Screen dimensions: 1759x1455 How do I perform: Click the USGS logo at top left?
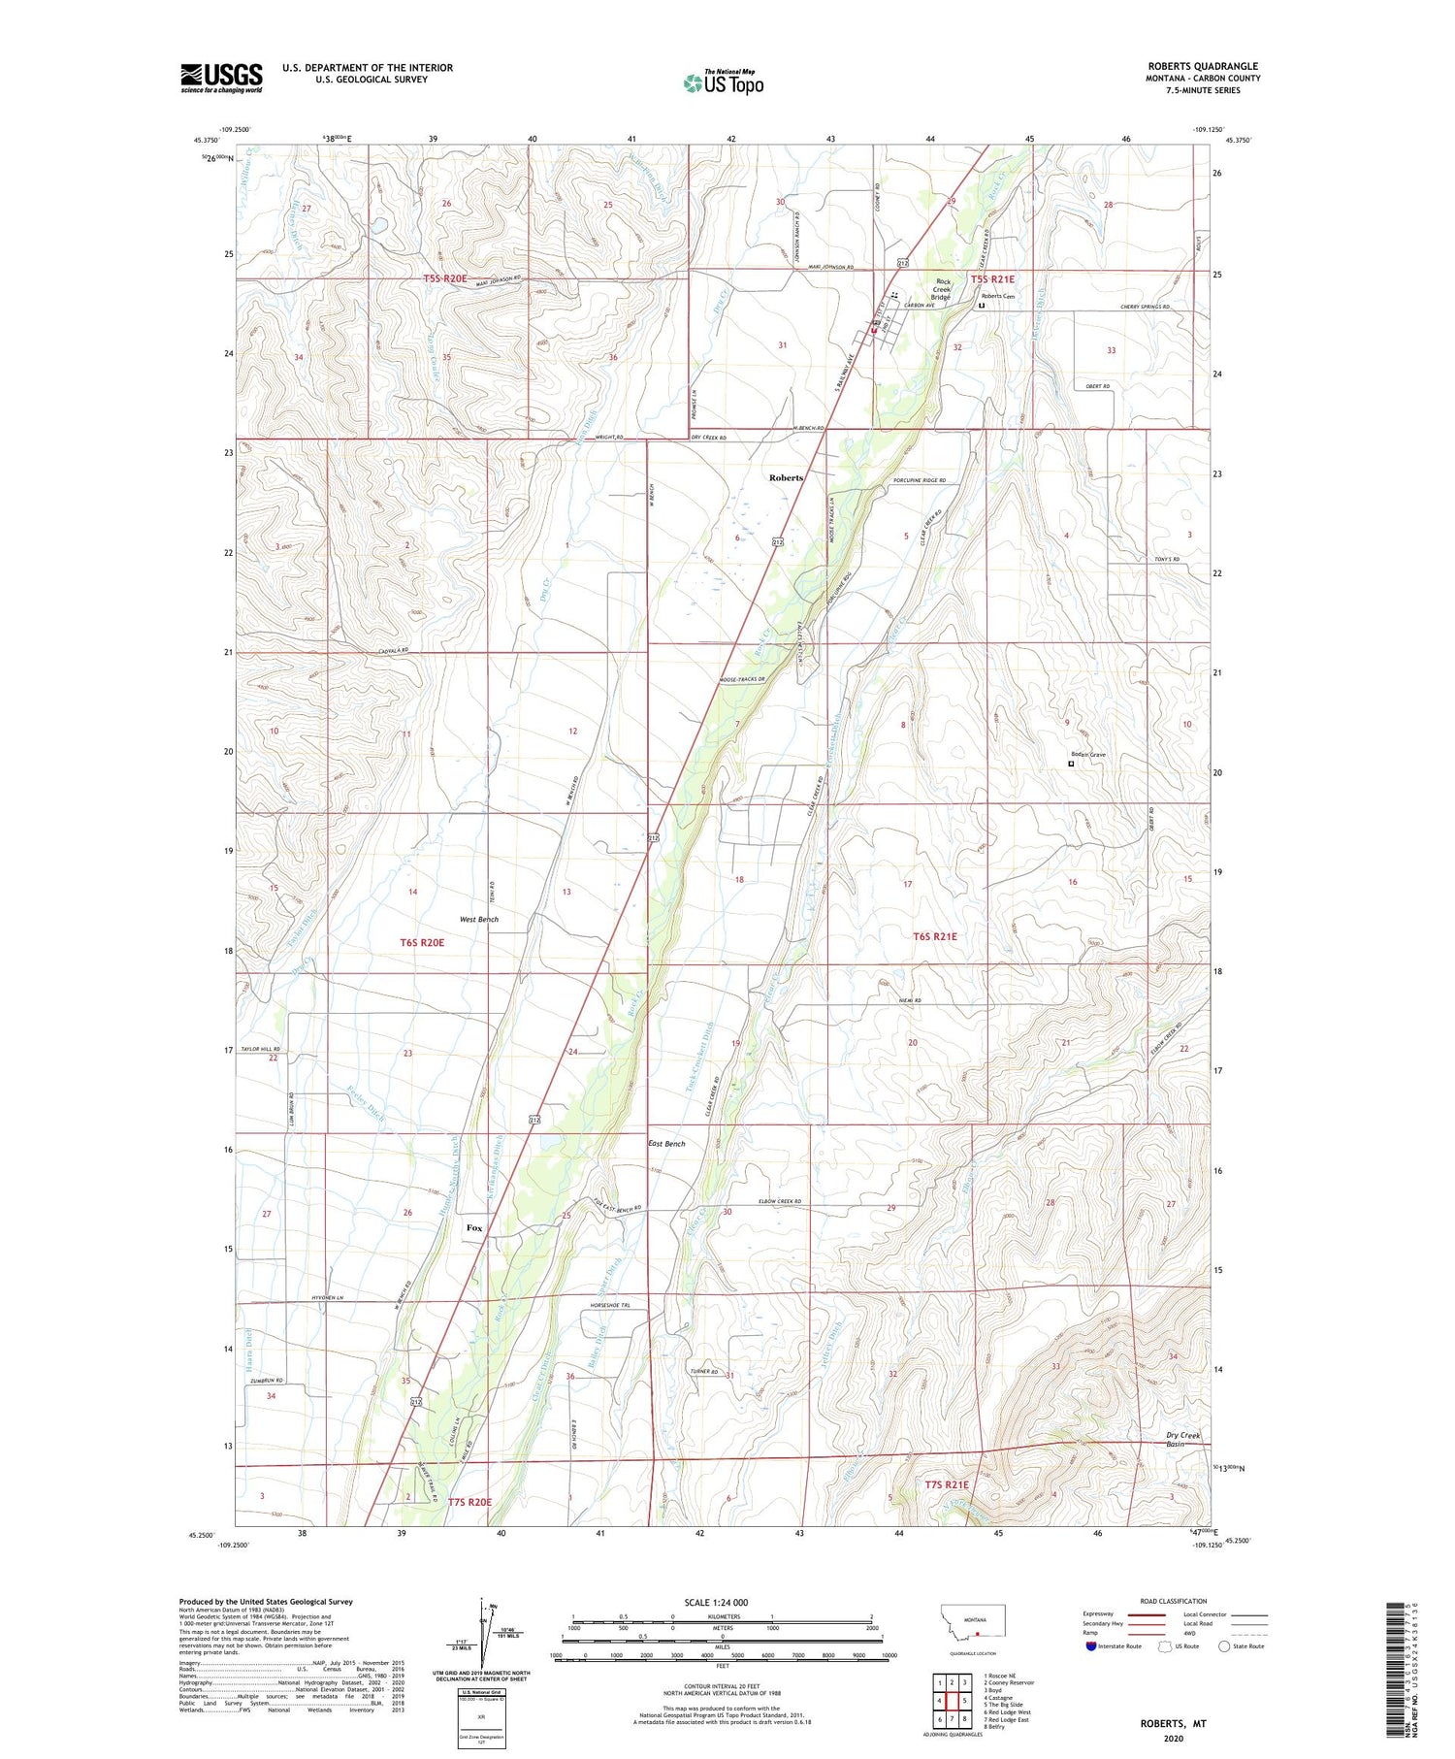(x=221, y=78)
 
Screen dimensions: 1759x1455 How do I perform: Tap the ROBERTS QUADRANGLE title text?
(x=1202, y=66)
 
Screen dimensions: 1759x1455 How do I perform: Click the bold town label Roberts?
(x=786, y=477)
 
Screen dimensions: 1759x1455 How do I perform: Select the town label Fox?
(x=474, y=1227)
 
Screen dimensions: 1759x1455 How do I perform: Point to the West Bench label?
(x=478, y=919)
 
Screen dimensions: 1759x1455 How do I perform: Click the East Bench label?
(x=666, y=1144)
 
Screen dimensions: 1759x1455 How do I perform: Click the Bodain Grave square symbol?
(x=1071, y=765)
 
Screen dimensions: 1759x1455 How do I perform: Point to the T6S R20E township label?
(x=422, y=942)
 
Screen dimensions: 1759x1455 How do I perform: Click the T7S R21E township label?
(x=932, y=1484)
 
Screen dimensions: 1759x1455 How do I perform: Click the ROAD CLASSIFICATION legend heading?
(x=1174, y=1601)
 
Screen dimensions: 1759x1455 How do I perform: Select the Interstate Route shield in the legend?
(x=1091, y=1646)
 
